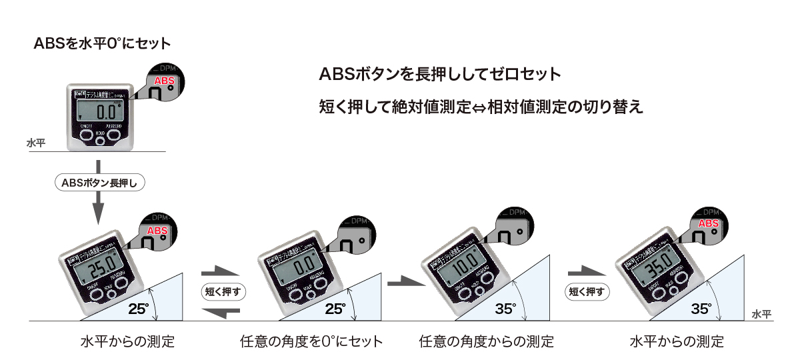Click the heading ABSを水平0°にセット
point(102,44)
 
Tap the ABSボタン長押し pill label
point(99,182)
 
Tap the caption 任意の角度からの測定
point(487,342)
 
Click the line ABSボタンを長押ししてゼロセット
point(440,73)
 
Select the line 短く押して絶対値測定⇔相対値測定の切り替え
point(481,107)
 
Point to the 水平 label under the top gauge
point(36,142)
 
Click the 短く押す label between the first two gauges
point(219,291)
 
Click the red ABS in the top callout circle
point(164,81)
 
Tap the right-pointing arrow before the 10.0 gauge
point(407,283)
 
